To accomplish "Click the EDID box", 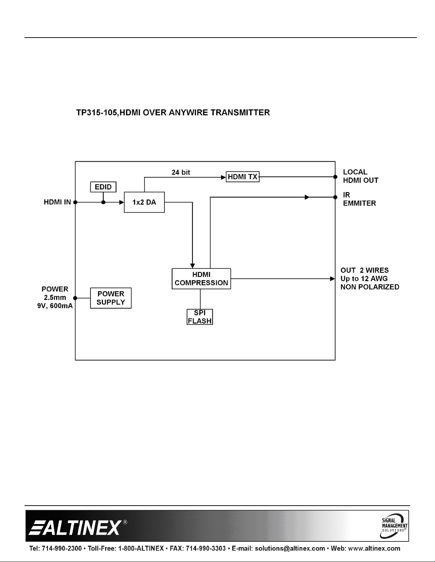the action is [103, 187].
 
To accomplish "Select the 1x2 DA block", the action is [144, 202].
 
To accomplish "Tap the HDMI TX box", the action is [243, 177].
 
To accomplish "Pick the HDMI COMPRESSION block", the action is [201, 279].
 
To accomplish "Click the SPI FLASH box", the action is [200, 317].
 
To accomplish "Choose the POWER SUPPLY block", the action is [111, 298].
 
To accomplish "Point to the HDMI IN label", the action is [57, 202].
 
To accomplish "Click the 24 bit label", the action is [181, 172].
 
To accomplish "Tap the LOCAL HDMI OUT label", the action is [361, 176].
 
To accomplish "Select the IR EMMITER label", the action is [359, 199].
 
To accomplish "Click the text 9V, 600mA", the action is [55, 306].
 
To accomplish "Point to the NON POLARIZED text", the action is [370, 287].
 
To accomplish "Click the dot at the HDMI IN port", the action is [75, 202].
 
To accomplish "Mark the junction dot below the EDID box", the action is [103, 202].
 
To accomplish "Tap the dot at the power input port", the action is [75, 298].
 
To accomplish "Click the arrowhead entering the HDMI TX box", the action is [223, 177].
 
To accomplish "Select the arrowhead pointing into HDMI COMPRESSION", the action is [192, 266].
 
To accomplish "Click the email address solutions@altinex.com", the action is [290, 548].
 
